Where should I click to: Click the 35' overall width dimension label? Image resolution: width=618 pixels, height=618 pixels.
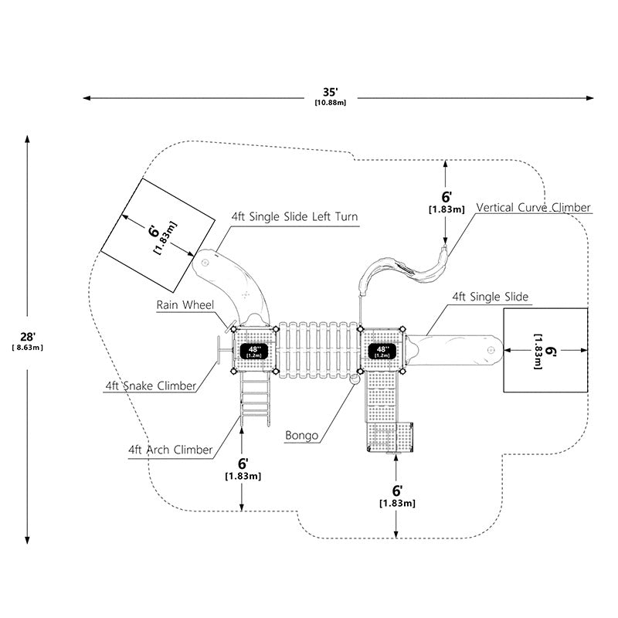pyautogui.click(x=331, y=96)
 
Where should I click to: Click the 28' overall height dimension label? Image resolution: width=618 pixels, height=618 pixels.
pyautogui.click(x=28, y=341)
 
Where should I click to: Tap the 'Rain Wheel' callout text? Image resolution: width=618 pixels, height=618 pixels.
pyautogui.click(x=185, y=304)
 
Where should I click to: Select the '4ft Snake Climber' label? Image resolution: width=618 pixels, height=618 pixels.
pyautogui.click(x=151, y=385)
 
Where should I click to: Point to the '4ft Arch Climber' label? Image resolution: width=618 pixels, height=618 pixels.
pyautogui.click(x=170, y=450)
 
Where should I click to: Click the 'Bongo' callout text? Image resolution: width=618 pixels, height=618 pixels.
pyautogui.click(x=301, y=436)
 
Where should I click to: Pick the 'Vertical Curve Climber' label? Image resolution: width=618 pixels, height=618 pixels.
pyautogui.click(x=533, y=208)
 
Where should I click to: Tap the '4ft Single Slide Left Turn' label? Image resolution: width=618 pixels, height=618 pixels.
pyautogui.click(x=294, y=217)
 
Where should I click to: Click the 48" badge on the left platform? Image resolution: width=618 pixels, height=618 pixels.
pyautogui.click(x=254, y=351)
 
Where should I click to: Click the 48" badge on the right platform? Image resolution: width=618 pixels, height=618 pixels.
pyautogui.click(x=382, y=351)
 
